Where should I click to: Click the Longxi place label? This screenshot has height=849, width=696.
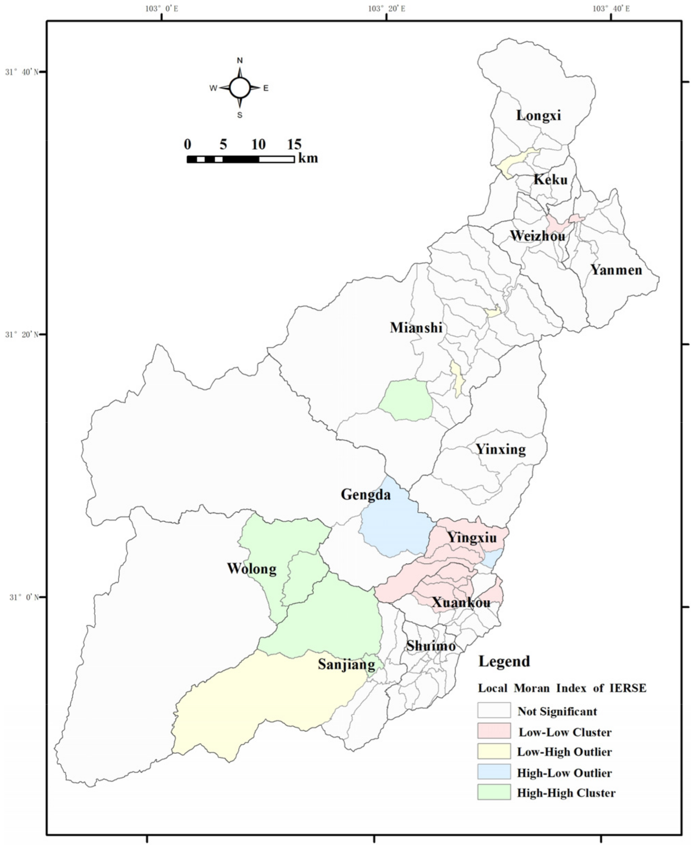tap(538, 115)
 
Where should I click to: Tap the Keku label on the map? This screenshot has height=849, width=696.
tap(550, 179)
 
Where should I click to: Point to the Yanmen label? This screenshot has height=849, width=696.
tap(616, 269)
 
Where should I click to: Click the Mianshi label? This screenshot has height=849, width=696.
tap(416, 328)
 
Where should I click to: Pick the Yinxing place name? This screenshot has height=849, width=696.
tap(501, 449)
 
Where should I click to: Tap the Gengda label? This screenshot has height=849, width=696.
tap(366, 494)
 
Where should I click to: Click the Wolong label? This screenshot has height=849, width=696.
tap(252, 569)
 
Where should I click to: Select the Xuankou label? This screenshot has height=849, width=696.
tap(461, 603)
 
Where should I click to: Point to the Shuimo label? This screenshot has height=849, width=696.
tap(431, 646)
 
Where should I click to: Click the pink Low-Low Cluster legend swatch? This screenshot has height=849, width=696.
tap(494, 730)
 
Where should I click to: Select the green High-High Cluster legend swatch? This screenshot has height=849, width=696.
tap(494, 792)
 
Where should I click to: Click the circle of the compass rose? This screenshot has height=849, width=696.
tap(240, 88)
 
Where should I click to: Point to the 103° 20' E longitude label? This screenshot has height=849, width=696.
tap(386, 9)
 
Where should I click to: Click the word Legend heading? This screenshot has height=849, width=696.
tap(504, 661)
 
